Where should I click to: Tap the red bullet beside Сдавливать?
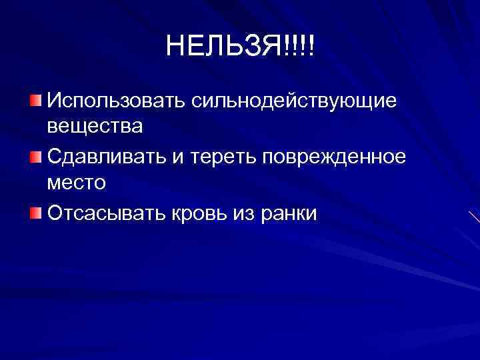(35, 157)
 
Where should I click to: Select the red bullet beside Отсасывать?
(35, 213)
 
